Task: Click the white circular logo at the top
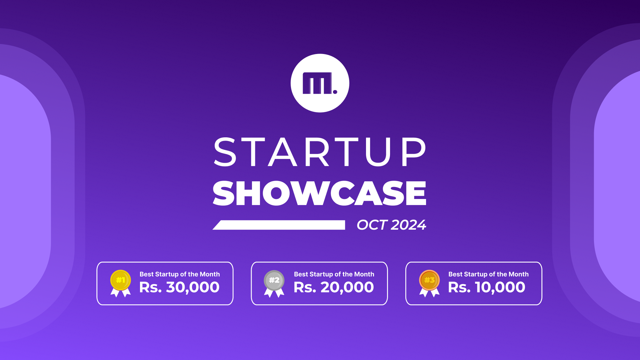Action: click(x=320, y=83)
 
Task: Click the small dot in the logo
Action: click(x=335, y=92)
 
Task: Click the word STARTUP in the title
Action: click(x=320, y=152)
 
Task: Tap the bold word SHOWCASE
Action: click(x=320, y=193)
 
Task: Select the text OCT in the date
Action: click(x=372, y=225)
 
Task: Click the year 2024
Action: click(x=409, y=225)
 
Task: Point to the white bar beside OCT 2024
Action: click(x=279, y=225)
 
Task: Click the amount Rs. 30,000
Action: click(x=179, y=287)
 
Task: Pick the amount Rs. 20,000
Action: click(x=334, y=287)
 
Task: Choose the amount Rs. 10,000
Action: click(x=487, y=287)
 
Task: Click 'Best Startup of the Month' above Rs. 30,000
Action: click(x=180, y=274)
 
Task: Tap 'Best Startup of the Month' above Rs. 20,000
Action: click(x=334, y=274)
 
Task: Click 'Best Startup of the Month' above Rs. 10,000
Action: click(x=488, y=274)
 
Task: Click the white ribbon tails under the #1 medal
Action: click(x=120, y=293)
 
